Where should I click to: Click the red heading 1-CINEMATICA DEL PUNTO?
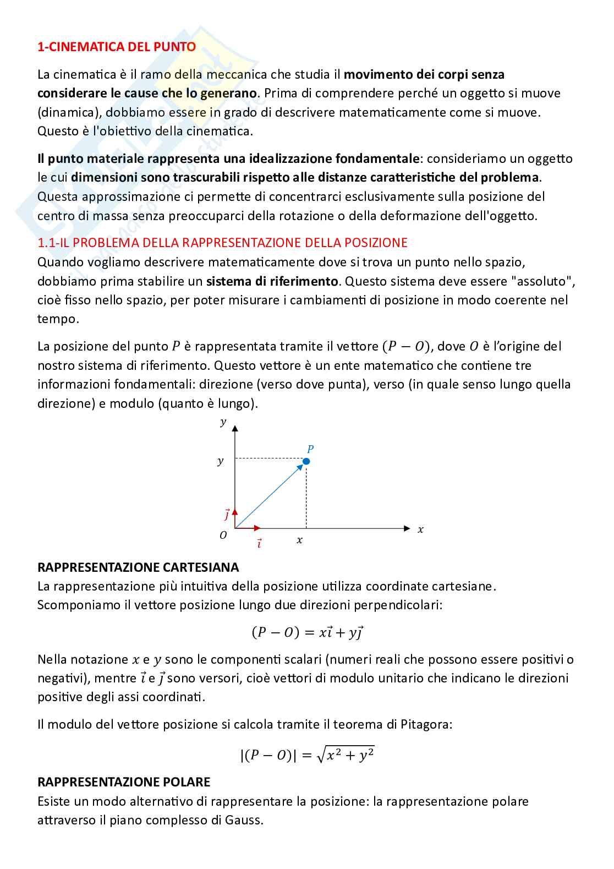click(116, 47)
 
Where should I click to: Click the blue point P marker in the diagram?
click(306, 461)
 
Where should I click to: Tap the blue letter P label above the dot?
click(310, 449)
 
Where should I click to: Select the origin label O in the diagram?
click(223, 535)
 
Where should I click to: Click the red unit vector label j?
click(226, 515)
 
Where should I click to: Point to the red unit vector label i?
click(259, 543)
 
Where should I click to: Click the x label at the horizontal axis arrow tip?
click(420, 529)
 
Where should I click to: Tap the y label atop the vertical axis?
click(223, 422)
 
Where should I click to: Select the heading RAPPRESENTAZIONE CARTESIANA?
click(138, 567)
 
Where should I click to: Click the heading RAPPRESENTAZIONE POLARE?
click(124, 781)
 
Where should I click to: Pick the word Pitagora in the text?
click(427, 724)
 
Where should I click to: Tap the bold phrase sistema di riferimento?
click(272, 281)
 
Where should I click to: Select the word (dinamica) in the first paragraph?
click(68, 112)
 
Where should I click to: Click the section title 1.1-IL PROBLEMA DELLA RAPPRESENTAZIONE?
click(222, 243)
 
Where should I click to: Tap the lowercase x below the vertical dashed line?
click(299, 540)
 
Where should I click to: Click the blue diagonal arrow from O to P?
click(270, 495)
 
